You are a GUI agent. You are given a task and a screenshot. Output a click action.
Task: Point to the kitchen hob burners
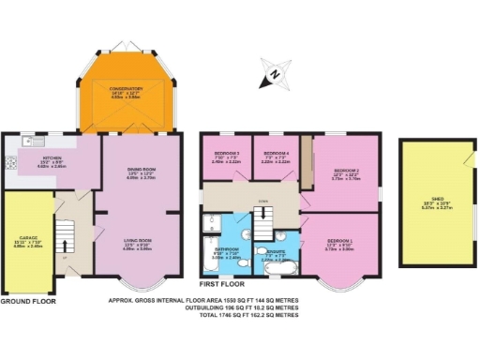coord(10,164)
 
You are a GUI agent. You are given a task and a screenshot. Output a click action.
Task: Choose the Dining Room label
coord(141,172)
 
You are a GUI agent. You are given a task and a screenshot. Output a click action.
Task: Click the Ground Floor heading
coord(28,302)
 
